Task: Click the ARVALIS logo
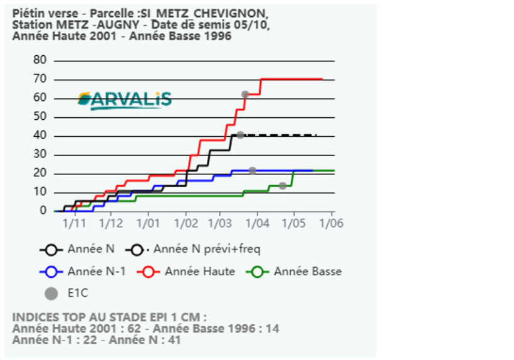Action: (x=125, y=100)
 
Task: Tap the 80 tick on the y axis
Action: (x=39, y=60)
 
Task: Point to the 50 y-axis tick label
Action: (x=39, y=117)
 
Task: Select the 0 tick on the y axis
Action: (x=43, y=211)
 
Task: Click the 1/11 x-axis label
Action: (x=75, y=224)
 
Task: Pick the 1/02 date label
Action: (x=186, y=224)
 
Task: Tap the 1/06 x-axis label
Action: (x=332, y=224)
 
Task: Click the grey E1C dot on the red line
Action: (x=245, y=95)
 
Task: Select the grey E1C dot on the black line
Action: (x=240, y=135)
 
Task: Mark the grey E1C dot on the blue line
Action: (x=252, y=171)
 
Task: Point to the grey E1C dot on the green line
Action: (x=283, y=186)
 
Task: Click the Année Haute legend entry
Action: (x=186, y=272)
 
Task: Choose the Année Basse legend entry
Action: (x=294, y=272)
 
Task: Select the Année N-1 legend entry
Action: (x=83, y=272)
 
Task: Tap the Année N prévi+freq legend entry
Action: (x=193, y=250)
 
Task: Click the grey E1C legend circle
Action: (x=51, y=294)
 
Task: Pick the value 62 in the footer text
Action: (x=134, y=329)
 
